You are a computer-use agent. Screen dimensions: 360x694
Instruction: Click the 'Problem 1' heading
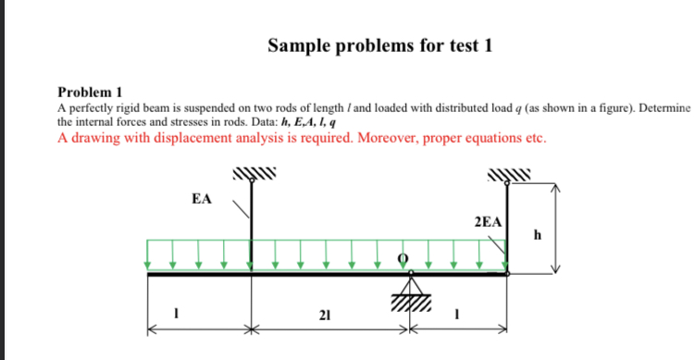[x=90, y=93]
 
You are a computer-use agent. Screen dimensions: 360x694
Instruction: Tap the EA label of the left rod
[x=201, y=199]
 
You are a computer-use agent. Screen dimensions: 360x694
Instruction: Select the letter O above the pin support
[x=403, y=258]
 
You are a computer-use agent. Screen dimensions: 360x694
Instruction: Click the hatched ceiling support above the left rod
[x=251, y=174]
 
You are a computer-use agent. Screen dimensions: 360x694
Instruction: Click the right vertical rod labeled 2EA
[x=507, y=227]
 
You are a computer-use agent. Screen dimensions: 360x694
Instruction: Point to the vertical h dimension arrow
[x=556, y=228]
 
